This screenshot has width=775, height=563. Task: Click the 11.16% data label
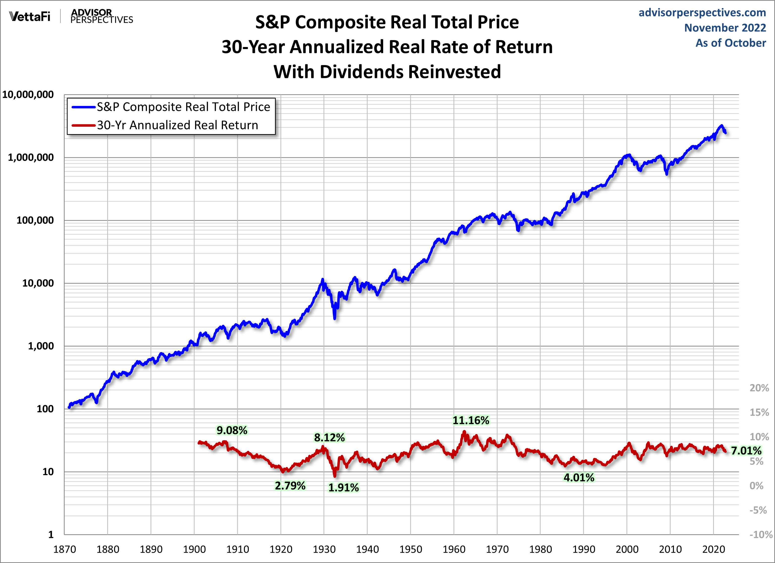[471, 420]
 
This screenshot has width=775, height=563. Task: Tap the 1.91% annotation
[343, 488]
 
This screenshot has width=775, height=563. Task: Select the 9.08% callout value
[232, 430]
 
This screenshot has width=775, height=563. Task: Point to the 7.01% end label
[746, 451]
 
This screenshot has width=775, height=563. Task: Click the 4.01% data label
[579, 478]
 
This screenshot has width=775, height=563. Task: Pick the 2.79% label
[290, 486]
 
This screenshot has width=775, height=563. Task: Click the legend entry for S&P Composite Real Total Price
[183, 107]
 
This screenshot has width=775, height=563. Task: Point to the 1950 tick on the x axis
[410, 549]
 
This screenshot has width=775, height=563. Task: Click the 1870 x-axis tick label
[65, 549]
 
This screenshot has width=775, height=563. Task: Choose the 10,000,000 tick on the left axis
[28, 95]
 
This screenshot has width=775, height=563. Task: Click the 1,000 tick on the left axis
[41, 346]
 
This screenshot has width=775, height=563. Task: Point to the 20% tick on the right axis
[759, 388]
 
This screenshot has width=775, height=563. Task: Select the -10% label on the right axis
[761, 535]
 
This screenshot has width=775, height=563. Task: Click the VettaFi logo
[30, 16]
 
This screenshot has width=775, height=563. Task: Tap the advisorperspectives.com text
[702, 13]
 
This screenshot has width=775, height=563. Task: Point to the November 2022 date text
[725, 28]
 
